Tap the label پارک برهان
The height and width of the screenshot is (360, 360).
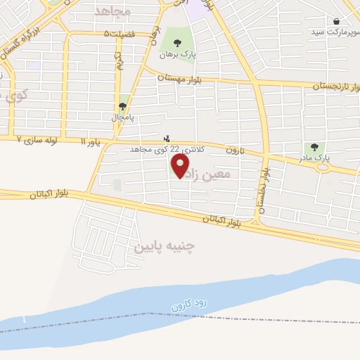(175, 54)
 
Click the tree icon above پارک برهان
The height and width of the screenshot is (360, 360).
(176, 44)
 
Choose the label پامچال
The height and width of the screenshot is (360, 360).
(123, 117)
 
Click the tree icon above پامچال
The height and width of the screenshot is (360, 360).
(124, 106)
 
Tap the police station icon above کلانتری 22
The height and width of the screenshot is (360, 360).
(167, 139)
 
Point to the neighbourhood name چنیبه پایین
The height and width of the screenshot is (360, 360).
(162, 247)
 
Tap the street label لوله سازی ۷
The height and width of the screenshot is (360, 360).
(38, 141)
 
